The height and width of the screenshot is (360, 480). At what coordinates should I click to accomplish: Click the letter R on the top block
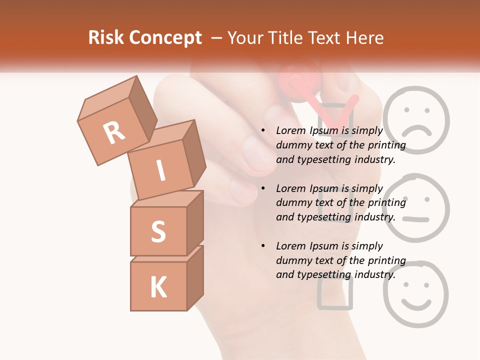coord(114,132)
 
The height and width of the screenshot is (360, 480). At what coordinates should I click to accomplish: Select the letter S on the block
coord(158,231)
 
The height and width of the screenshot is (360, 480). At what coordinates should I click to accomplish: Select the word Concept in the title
coord(166,38)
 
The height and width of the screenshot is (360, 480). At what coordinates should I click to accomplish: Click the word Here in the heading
coord(365,38)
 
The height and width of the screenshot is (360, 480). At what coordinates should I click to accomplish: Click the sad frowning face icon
coord(416,120)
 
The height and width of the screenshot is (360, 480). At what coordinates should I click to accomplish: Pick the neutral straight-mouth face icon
coord(416,207)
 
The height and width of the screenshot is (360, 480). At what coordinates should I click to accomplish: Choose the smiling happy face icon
coord(416,295)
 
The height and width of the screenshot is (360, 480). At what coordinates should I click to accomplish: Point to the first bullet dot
coord(263,131)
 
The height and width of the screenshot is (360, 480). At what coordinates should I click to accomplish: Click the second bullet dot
coord(263,188)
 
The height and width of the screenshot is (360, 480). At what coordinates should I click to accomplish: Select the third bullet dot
coord(263,246)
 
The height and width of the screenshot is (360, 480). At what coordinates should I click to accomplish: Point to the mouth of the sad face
coord(416,131)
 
